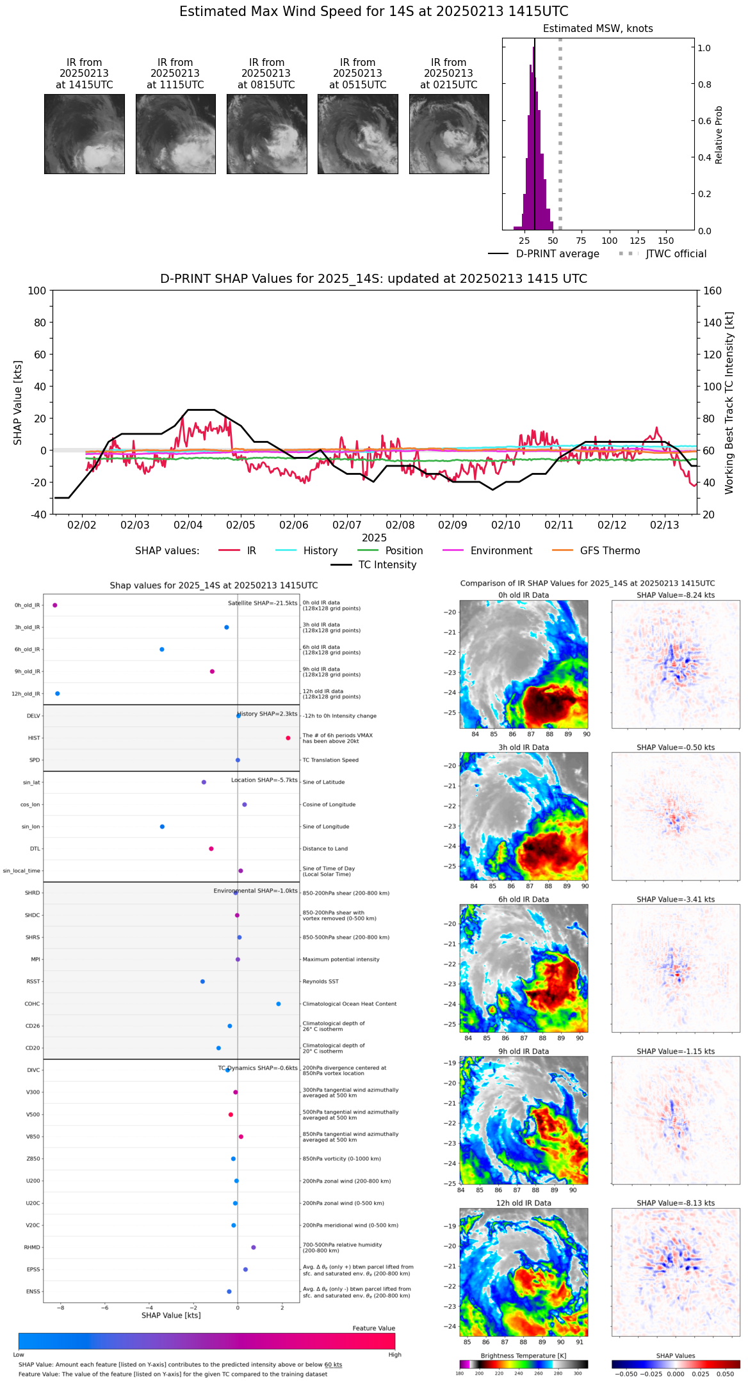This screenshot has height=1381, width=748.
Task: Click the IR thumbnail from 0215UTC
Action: click(449, 134)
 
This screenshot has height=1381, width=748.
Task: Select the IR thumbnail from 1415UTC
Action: click(84, 134)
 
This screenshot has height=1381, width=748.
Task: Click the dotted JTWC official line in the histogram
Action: click(560, 128)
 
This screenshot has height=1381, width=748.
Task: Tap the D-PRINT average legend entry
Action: click(544, 254)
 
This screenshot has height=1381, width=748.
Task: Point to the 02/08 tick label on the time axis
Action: click(400, 525)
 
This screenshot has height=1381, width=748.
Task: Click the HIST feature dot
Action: click(288, 738)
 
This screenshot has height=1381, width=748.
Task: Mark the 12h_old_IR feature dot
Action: click(58, 693)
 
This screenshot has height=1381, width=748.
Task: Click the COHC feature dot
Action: click(279, 1003)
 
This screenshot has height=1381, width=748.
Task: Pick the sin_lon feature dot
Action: click(162, 826)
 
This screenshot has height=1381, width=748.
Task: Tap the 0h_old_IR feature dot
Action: click(55, 605)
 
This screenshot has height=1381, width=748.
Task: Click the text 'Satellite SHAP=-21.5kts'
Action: click(263, 603)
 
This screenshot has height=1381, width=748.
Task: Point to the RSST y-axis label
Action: click(33, 982)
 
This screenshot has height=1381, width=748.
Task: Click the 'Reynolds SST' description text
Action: click(321, 982)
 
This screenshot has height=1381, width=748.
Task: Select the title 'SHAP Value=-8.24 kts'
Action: click(676, 595)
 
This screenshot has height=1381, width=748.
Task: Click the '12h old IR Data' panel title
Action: click(523, 1203)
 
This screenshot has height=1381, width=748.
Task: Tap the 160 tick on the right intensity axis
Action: click(712, 291)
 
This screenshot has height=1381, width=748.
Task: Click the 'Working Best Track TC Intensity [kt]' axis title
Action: click(729, 403)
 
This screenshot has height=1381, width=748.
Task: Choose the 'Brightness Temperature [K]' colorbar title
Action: click(523, 1355)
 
